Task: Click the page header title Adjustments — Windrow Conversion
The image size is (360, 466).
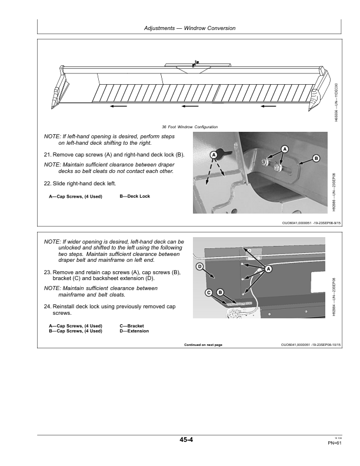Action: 189,28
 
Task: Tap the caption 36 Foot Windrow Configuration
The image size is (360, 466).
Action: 189,127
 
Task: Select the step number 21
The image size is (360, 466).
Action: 48,154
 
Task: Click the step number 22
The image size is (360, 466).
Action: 48,184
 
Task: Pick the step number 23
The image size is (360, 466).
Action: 48,272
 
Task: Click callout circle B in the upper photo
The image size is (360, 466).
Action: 316,158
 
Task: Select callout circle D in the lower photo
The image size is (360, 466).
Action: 199,267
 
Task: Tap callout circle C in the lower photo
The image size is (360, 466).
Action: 209,292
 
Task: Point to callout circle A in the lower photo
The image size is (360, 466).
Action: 269,269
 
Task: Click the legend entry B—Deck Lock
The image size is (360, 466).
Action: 135,197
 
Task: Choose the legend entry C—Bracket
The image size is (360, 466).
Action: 132,326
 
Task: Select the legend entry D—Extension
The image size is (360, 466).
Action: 134,331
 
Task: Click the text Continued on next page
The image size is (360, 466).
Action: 203,345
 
